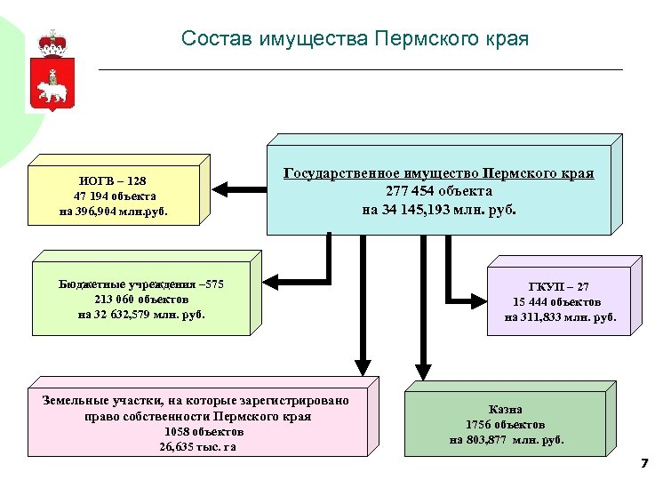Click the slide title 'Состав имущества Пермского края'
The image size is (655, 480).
pyautogui.click(x=355, y=39)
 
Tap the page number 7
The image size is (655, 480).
pyautogui.click(x=643, y=465)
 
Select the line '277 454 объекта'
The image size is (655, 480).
pyautogui.click(x=438, y=191)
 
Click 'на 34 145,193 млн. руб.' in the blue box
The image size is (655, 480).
pyautogui.click(x=438, y=210)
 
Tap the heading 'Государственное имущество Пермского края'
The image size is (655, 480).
pyautogui.click(x=438, y=173)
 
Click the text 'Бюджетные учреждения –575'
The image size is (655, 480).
pyautogui.click(x=141, y=284)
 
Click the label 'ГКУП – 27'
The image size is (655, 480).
pyautogui.click(x=558, y=287)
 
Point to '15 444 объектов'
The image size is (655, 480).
pyautogui.click(x=559, y=301)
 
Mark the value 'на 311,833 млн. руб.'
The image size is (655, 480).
pyautogui.click(x=560, y=316)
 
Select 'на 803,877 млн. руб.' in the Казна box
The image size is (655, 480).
pyautogui.click(x=507, y=439)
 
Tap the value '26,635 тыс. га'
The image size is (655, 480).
pyautogui.click(x=196, y=447)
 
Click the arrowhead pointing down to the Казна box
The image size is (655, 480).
pyautogui.click(x=423, y=370)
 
